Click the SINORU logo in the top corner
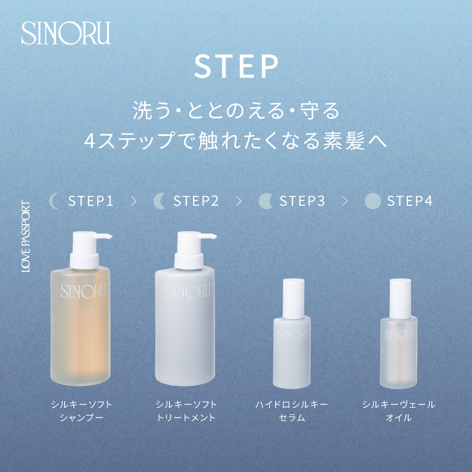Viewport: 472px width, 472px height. pos(66,33)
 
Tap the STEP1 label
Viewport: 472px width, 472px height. pos(91,201)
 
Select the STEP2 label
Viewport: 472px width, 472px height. pos(196,201)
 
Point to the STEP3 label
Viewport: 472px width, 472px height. pos(302,201)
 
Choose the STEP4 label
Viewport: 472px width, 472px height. pos(410,201)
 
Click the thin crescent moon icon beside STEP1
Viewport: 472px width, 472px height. pos(55,201)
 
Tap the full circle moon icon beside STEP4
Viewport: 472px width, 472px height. pos(372,201)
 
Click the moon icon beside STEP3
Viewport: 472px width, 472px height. pos(266,201)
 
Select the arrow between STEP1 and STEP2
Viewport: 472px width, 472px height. pos(134,201)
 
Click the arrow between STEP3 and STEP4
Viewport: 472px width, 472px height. pos(345,201)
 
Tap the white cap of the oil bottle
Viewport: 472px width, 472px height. pos(398,297)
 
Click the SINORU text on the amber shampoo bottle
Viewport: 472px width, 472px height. pos(79,289)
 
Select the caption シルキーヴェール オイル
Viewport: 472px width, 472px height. pos(398,411)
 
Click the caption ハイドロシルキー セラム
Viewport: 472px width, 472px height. pos(292,411)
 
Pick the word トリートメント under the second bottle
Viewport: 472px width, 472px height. pos(186,418)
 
